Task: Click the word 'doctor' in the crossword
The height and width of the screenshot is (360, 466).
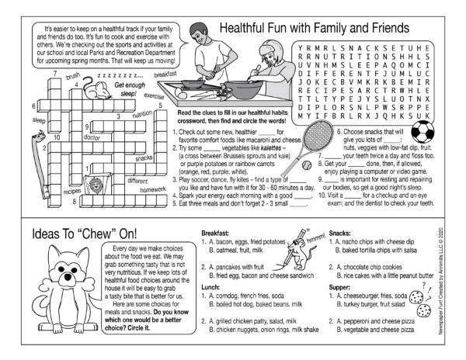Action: coord(92,137)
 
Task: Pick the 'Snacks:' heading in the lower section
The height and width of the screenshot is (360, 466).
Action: coord(341,233)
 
